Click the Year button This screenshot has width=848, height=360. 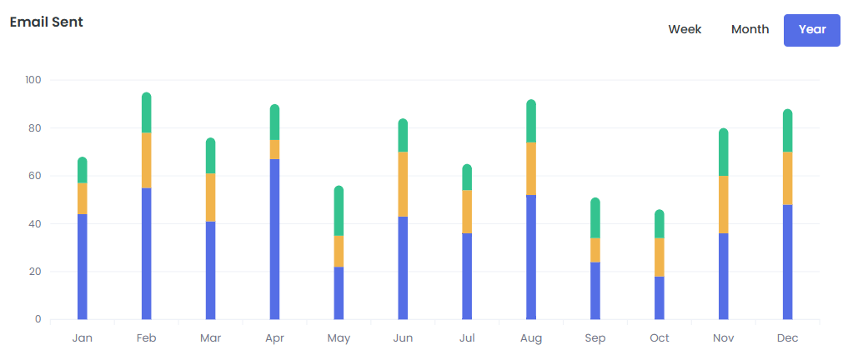[x=811, y=30]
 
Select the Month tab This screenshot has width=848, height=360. [x=750, y=30]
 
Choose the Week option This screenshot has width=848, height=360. [x=685, y=30]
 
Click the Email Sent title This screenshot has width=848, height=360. [x=47, y=22]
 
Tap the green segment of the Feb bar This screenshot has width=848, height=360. [x=147, y=113]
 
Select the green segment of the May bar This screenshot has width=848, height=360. [x=339, y=212]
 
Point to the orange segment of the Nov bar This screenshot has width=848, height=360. [x=723, y=204]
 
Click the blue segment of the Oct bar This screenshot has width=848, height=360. [x=660, y=297]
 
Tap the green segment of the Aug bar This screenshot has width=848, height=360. [x=531, y=122]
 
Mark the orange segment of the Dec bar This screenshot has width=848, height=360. [x=787, y=178]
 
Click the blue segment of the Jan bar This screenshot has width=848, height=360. [x=83, y=267]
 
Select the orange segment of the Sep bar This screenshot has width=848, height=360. [x=595, y=250]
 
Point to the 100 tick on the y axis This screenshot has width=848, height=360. [x=33, y=80]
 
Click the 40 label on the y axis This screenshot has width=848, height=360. [x=33, y=224]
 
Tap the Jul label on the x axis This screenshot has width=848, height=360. [x=467, y=338]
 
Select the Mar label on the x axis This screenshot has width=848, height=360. [x=210, y=338]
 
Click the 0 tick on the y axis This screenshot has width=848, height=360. [x=38, y=319]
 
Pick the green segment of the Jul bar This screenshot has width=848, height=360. [x=467, y=177]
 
